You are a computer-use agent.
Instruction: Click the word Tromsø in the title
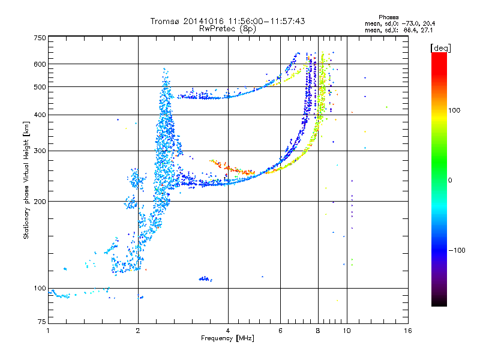pos(166,21)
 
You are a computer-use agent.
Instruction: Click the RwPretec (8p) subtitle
pos(227,29)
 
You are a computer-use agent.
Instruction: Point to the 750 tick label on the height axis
pos(40,38)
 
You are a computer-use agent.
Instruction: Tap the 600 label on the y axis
pos(40,64)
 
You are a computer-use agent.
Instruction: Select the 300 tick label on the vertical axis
pos(40,151)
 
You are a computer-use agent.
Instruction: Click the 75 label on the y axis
pos(42,322)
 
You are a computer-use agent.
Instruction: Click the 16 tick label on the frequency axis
pos(408,331)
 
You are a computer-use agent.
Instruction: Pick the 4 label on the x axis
pos(228,331)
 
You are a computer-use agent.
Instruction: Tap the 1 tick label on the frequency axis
pos(48,331)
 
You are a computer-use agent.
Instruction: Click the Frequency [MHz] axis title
pos(227,338)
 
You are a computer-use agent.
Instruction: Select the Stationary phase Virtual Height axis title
pos(26,180)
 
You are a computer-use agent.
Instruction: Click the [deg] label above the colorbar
pos(440,48)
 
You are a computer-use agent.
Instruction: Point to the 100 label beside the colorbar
pos(454,110)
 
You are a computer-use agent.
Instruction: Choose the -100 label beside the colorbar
pos(457,250)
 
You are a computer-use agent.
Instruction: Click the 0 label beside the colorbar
pos(450,181)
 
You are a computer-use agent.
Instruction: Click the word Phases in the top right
pos(388,17)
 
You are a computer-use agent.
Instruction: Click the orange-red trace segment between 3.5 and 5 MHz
pos(232,168)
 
